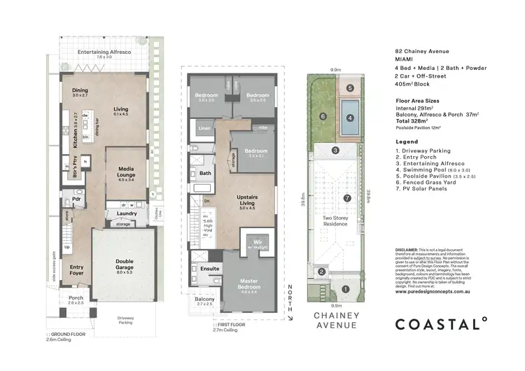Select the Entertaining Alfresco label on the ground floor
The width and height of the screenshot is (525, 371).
click(104, 52)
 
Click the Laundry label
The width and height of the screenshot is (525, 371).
click(126, 213)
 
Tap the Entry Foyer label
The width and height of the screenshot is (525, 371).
click(76, 269)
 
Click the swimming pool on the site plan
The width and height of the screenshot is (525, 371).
click(349, 108)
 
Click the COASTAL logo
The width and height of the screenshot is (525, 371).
click(441, 323)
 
